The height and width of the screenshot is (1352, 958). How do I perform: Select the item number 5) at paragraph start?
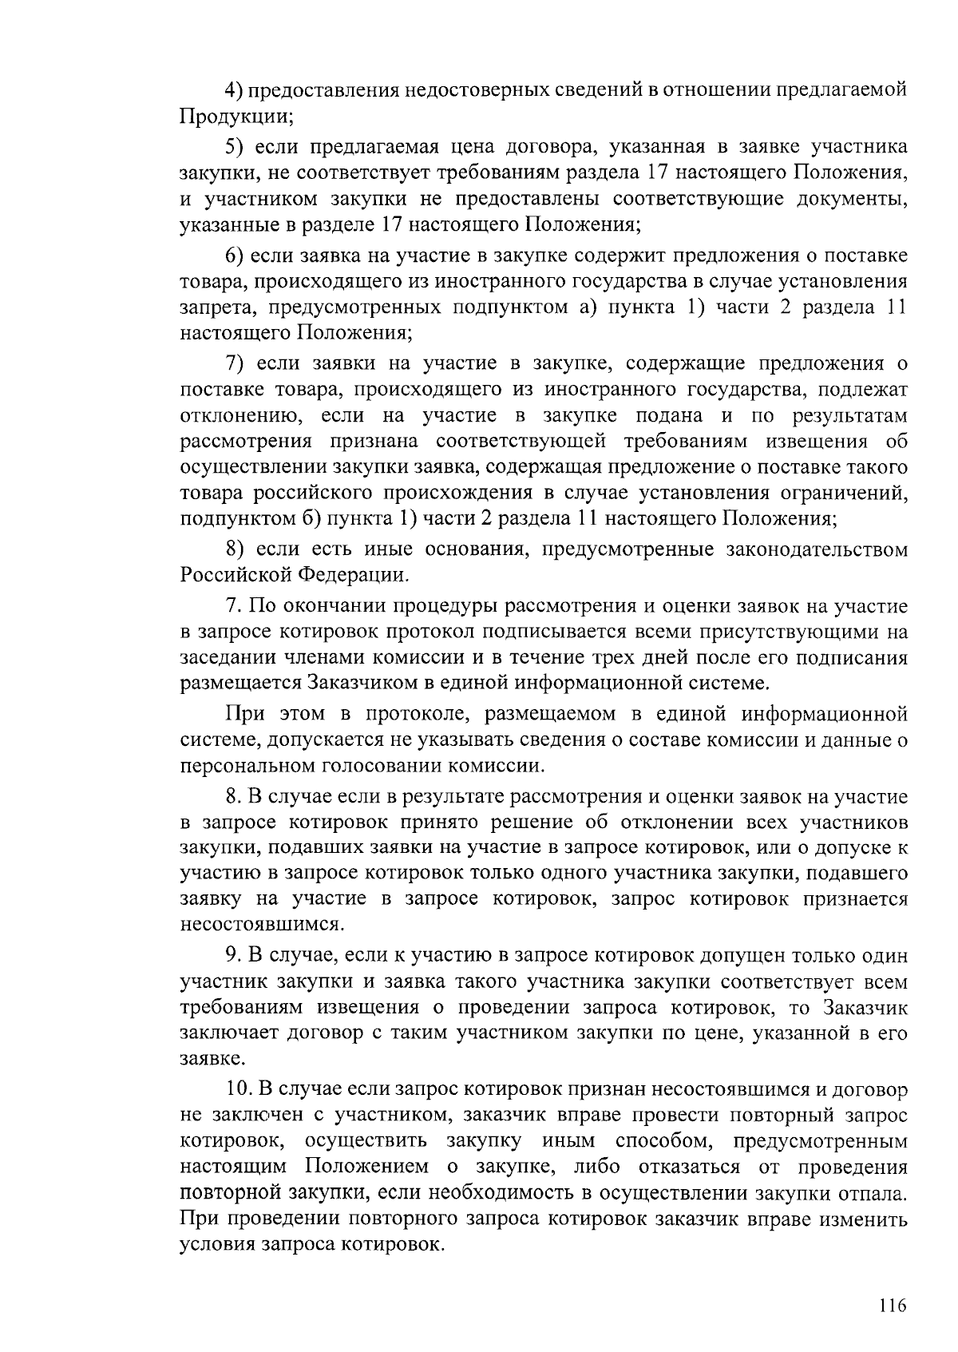click(233, 147)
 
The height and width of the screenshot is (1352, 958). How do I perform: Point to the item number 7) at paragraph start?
click(233, 364)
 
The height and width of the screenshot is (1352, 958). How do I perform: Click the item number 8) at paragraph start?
click(233, 549)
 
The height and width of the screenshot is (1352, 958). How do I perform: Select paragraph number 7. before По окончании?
click(232, 607)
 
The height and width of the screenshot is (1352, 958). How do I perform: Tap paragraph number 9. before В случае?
click(232, 956)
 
